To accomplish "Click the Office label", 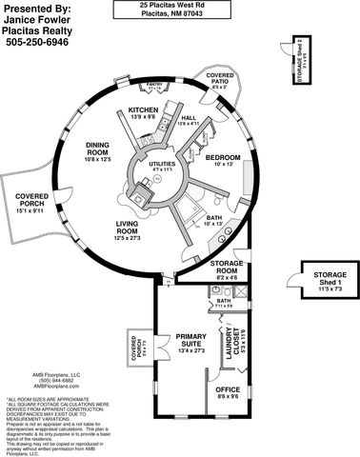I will pyautogui.click(x=227, y=389).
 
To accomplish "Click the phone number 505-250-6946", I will pyautogui.click(x=37, y=43).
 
